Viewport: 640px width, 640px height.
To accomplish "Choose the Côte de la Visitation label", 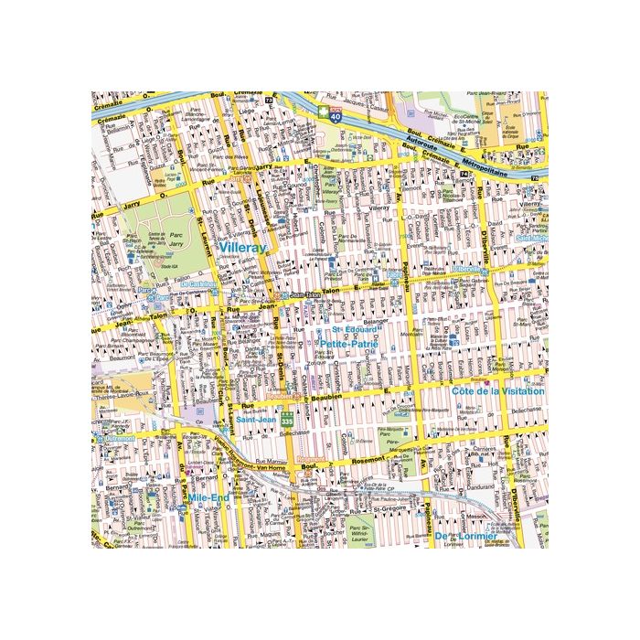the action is pos(497,390).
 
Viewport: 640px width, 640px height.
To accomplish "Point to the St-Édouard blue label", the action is pos(348,329).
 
